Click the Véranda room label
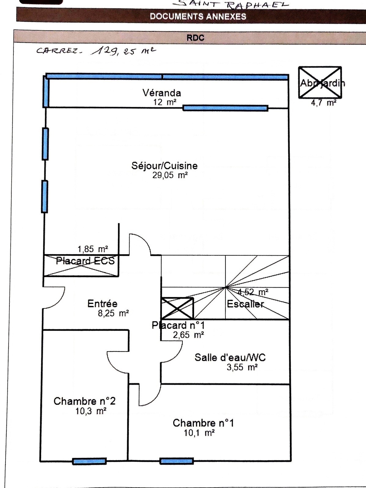click(x=162, y=93)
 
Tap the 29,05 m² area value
click(x=170, y=175)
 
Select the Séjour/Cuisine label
click(x=164, y=166)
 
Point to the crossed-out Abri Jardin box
click(x=320, y=82)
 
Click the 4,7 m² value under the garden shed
click(x=324, y=103)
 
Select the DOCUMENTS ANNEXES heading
click(x=198, y=16)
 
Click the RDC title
click(x=195, y=38)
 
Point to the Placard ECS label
click(x=85, y=261)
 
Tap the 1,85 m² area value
click(x=93, y=249)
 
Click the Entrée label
click(x=102, y=303)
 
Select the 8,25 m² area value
click(x=113, y=313)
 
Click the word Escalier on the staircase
click(x=245, y=304)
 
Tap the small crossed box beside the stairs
click(x=177, y=308)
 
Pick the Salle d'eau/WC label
click(x=230, y=357)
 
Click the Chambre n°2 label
click(x=84, y=401)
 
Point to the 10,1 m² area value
click(x=199, y=433)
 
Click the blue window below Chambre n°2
click(x=90, y=461)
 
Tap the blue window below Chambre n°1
click(x=177, y=461)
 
